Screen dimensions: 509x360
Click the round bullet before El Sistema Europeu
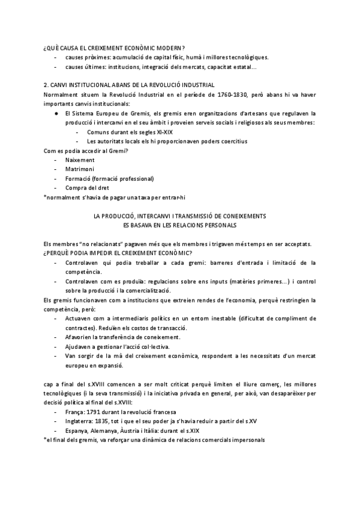pyautogui.click(x=56, y=113)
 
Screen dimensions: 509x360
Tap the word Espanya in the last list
pyautogui.click(x=78, y=431)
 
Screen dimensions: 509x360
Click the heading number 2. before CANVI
pyautogui.click(x=47, y=85)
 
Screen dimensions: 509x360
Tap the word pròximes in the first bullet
pyautogui.click(x=97, y=57)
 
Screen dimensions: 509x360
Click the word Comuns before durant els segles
pyautogui.click(x=97, y=132)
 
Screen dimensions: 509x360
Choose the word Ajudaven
pyautogui.click(x=80, y=346)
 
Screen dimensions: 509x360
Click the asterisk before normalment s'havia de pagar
pyautogui.click(x=46, y=197)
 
